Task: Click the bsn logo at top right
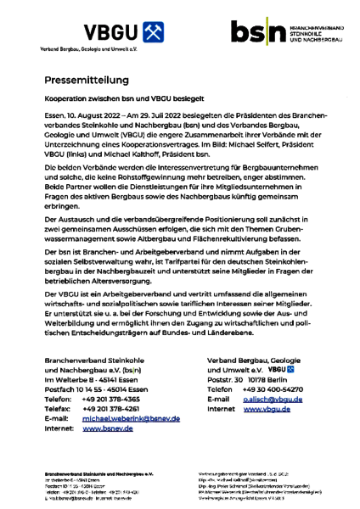(260, 34)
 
